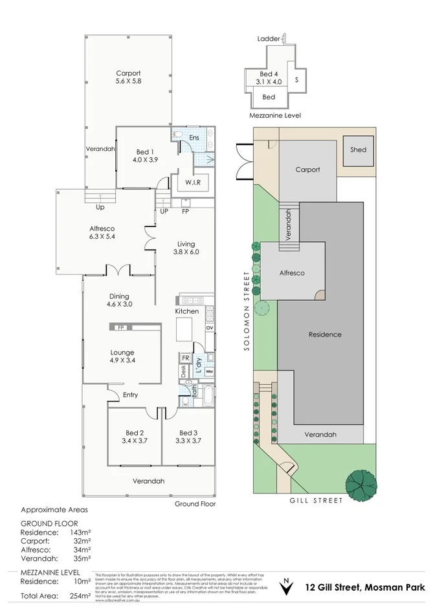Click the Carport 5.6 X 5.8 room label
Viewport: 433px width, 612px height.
[x=128, y=77]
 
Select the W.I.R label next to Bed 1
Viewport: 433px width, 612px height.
[x=192, y=182]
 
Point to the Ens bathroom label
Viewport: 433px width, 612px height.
[x=194, y=138]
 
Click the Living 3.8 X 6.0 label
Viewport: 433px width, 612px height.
[x=186, y=248]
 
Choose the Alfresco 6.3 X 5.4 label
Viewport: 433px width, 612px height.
[x=102, y=233]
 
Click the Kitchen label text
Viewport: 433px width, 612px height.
[x=187, y=312]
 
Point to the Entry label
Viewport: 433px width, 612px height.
[x=131, y=395]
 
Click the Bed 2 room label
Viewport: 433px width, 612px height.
[x=134, y=437]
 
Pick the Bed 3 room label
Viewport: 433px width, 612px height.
[x=188, y=437]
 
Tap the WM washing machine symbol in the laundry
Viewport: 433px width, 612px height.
[x=208, y=372]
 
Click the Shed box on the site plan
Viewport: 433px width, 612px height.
[x=358, y=150]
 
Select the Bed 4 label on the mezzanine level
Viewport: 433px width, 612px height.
[x=269, y=78]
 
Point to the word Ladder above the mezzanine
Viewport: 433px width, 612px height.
[x=268, y=39]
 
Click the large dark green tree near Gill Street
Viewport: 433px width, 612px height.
[x=361, y=481]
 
